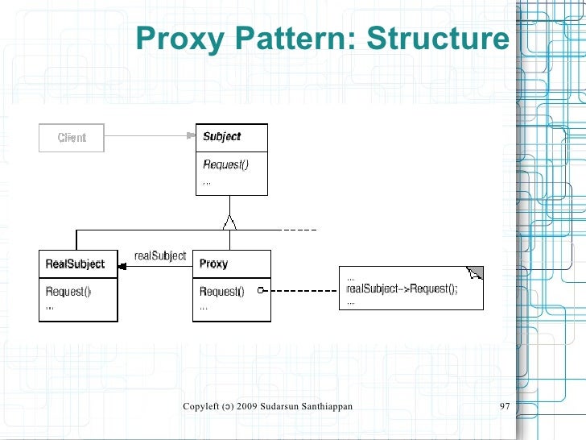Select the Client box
tap(72, 138)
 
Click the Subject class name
tap(221, 137)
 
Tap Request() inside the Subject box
tap(225, 165)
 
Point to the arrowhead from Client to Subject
tap(191, 136)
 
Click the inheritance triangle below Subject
tap(231, 221)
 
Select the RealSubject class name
tap(75, 264)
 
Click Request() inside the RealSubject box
tap(68, 292)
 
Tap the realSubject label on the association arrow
tap(160, 256)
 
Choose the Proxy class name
tap(213, 264)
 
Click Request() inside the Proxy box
tap(221, 292)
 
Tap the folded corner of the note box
tap(477, 272)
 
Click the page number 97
tap(506, 405)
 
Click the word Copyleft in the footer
tap(202, 405)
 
